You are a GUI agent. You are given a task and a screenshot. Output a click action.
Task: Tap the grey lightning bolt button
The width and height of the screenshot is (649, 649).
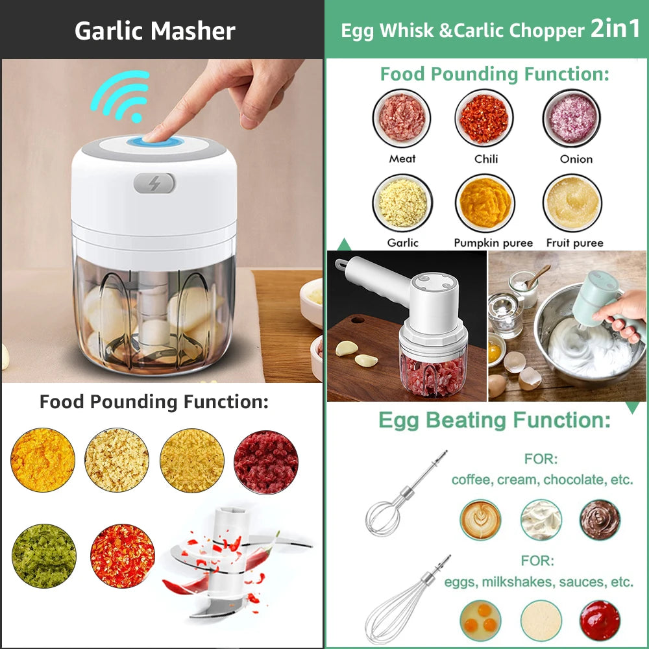pos(154,183)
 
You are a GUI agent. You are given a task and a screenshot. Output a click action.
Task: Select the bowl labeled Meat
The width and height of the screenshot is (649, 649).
pos(402,118)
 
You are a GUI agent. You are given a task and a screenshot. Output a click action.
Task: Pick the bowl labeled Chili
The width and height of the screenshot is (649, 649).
pos(484,118)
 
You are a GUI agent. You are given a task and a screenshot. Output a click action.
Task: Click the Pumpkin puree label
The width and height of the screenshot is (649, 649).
pos(493,243)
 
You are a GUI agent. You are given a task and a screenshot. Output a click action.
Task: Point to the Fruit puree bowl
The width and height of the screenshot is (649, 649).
pos(572,203)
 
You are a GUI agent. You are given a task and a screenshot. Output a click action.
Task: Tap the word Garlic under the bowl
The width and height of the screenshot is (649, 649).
pos(402,243)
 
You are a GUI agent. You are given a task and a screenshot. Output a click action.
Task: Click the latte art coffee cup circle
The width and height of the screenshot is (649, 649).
pos(481,520)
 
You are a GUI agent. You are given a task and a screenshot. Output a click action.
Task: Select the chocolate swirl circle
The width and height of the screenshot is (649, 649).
pos(600,520)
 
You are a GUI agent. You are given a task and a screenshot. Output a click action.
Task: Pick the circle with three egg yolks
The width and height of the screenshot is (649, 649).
pos(481,620)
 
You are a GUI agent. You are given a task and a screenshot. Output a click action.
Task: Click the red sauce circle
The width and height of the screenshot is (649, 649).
pos(600,620)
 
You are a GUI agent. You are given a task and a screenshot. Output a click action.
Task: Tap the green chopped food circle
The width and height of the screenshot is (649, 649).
pos(44,556)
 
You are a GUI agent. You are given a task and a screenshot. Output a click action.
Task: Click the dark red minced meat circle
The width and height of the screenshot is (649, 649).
pos(266,462)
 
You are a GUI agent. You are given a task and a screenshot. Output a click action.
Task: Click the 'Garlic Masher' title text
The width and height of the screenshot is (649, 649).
pos(155,31)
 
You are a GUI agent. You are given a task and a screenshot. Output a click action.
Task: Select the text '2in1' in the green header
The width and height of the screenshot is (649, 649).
pos(615,30)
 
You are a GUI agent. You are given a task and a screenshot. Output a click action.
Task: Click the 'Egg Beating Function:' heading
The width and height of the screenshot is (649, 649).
pos(495,420)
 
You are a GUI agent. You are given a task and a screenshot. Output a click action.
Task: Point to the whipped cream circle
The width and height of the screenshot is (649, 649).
pos(541,520)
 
